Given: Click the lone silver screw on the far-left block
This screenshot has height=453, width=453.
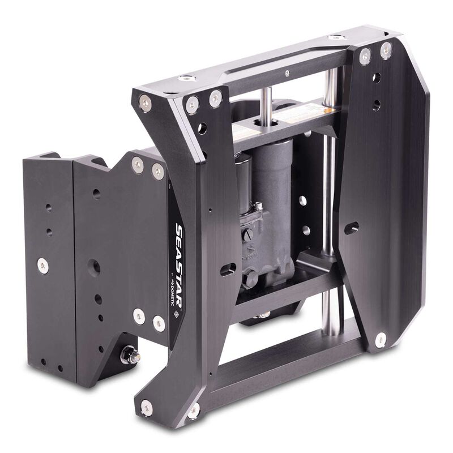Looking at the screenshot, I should coord(42,263).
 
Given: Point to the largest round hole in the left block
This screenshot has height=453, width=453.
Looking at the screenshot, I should coord(95,266).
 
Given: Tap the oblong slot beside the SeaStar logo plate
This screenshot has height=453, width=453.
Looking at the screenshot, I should coord(228,269).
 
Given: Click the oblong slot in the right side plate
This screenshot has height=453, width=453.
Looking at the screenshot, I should coord(352,228).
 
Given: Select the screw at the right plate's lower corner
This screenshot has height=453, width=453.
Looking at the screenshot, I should coord(381,339).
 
